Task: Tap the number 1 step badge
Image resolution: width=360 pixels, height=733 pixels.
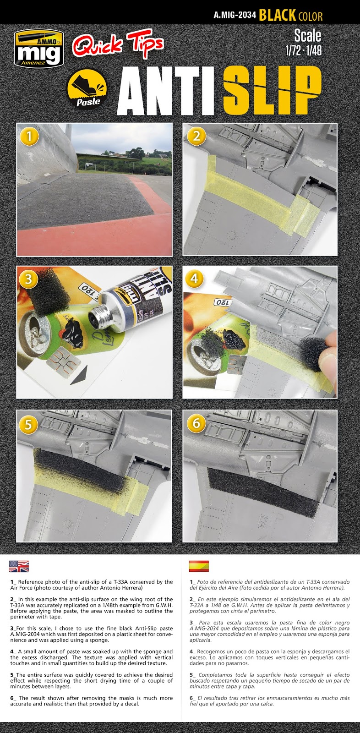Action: [x=29, y=136]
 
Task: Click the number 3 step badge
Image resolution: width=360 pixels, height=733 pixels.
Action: [x=29, y=279]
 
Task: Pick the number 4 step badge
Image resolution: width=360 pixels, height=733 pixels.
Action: [x=195, y=279]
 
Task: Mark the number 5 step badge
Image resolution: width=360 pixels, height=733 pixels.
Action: [x=29, y=423]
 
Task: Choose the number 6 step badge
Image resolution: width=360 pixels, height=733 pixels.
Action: [x=196, y=423]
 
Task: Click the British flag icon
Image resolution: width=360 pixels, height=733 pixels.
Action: [x=18, y=566]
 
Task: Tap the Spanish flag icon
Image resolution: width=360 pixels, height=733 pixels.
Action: [x=198, y=566]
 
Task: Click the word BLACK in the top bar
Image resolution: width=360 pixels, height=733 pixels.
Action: [x=277, y=16]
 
